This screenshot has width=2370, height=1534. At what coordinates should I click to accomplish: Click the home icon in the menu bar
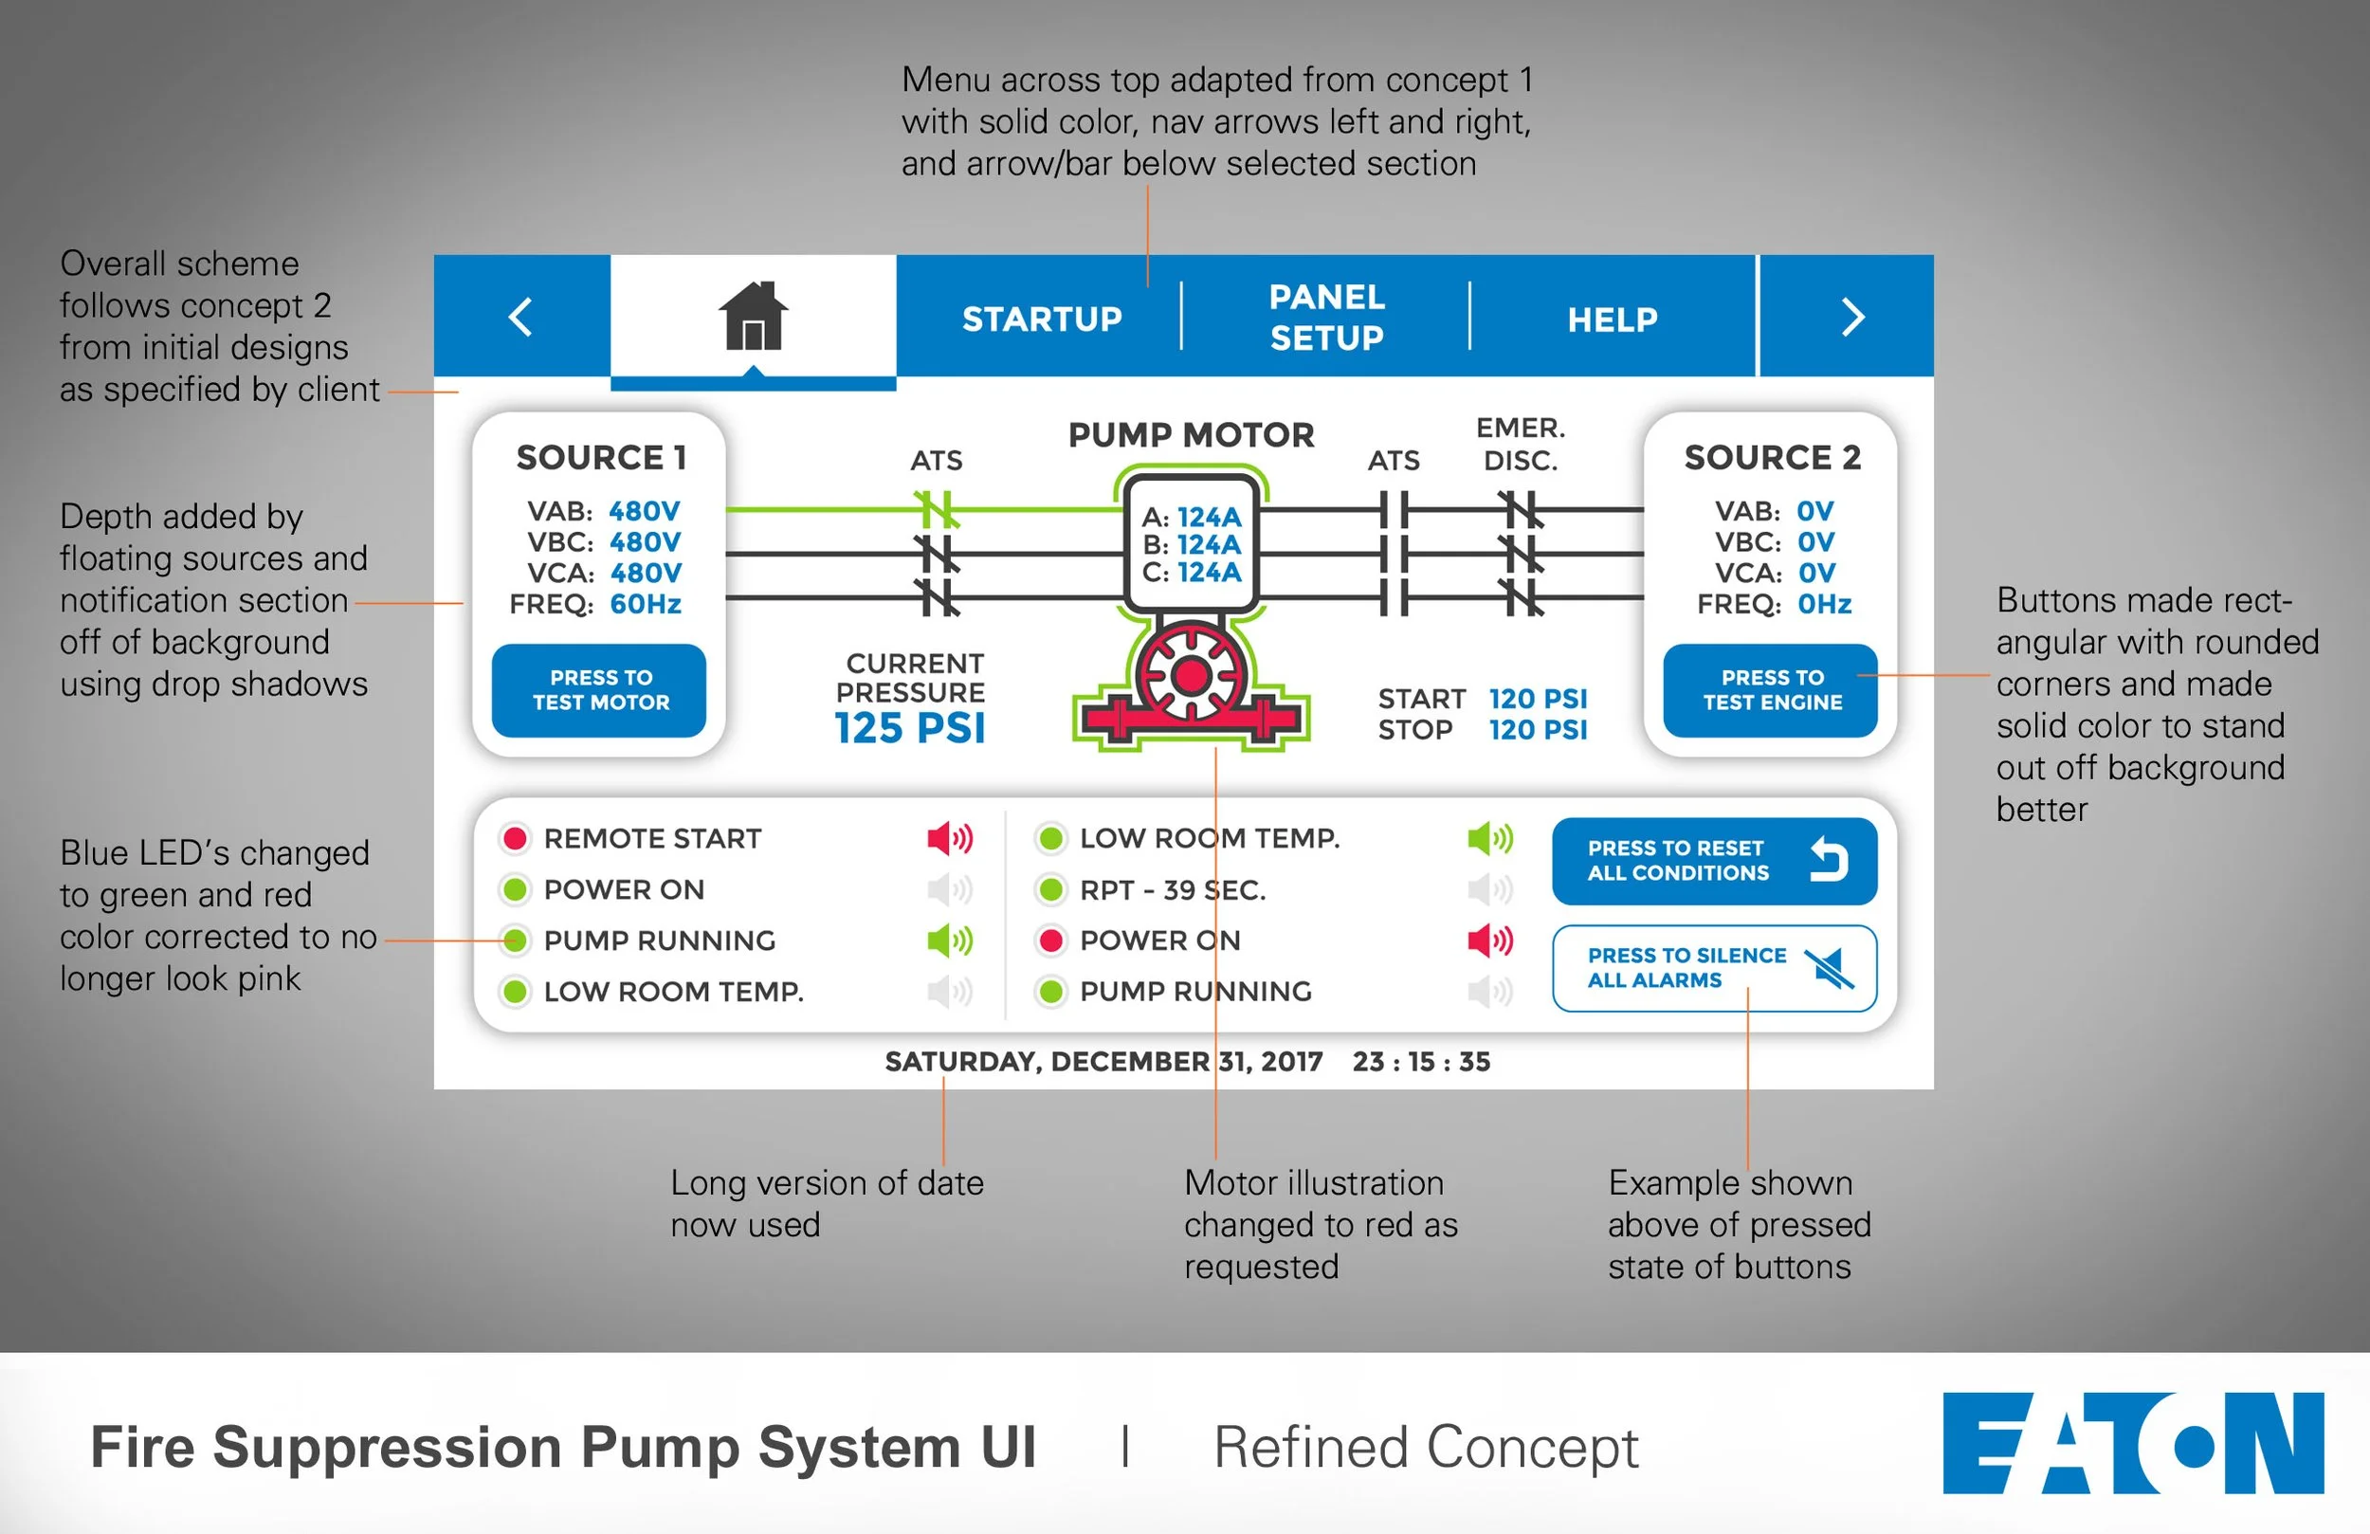753,316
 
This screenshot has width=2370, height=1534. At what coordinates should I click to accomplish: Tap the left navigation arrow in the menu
520,318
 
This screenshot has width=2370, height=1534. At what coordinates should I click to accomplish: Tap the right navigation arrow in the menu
1851,318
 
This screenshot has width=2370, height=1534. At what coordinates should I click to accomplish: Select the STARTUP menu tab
1042,319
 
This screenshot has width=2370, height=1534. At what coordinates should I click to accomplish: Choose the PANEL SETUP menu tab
1326,318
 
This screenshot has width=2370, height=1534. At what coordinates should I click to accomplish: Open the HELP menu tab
1613,320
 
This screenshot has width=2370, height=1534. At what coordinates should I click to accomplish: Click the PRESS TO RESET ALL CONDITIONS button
1714,861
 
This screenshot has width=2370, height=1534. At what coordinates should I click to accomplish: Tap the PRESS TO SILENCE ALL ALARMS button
1714,968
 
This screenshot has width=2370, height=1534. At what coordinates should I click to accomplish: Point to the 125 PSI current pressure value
909,728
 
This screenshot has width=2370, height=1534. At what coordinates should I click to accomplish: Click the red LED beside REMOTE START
515,839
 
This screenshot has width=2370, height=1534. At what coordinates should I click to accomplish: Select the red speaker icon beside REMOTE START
949,839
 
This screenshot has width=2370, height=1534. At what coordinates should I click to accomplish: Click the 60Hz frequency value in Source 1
646,604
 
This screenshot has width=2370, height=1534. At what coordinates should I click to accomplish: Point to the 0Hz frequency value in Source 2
1824,604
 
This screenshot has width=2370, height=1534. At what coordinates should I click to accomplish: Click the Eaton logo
2132,1443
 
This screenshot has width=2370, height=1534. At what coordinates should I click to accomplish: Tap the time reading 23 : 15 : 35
1421,1062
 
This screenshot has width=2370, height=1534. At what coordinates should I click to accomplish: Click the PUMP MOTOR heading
1191,435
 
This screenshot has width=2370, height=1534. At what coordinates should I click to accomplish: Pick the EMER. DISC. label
1521,445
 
